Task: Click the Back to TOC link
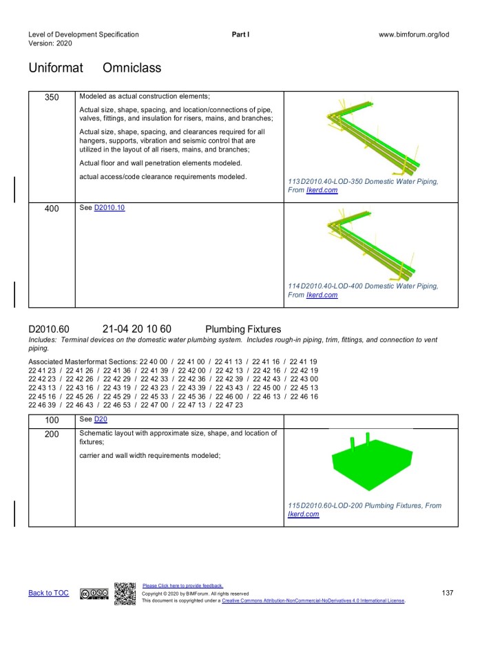point(48,593)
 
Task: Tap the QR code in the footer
point(125,594)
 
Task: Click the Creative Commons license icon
point(93,594)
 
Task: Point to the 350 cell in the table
point(52,97)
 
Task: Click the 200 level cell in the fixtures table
point(52,434)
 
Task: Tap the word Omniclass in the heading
point(132,68)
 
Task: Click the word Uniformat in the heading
point(56,68)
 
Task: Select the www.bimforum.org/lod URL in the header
point(413,34)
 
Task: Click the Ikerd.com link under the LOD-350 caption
point(322,190)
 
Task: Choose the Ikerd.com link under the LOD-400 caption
point(322,295)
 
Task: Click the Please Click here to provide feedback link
point(182,586)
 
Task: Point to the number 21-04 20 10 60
point(136,329)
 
